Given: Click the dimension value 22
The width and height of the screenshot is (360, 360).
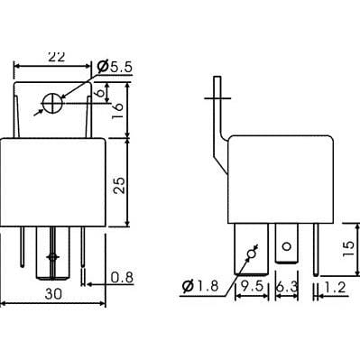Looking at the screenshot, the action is coord(57,57).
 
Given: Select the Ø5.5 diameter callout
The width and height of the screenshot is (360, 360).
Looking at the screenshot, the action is coord(115,67).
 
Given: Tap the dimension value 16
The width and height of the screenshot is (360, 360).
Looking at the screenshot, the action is coord(118,111).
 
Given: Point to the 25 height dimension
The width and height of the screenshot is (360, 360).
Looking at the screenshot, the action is coord(119,185).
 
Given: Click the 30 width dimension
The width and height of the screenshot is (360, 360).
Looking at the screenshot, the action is coord(53,294).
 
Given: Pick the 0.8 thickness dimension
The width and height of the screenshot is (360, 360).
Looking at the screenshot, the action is coord(122,278).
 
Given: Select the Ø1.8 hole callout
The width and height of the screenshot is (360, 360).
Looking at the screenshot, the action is coord(200,286).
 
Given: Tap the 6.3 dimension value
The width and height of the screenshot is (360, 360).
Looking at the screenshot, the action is coord(287,288).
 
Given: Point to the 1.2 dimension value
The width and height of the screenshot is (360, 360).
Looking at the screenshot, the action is coord(335,288).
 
